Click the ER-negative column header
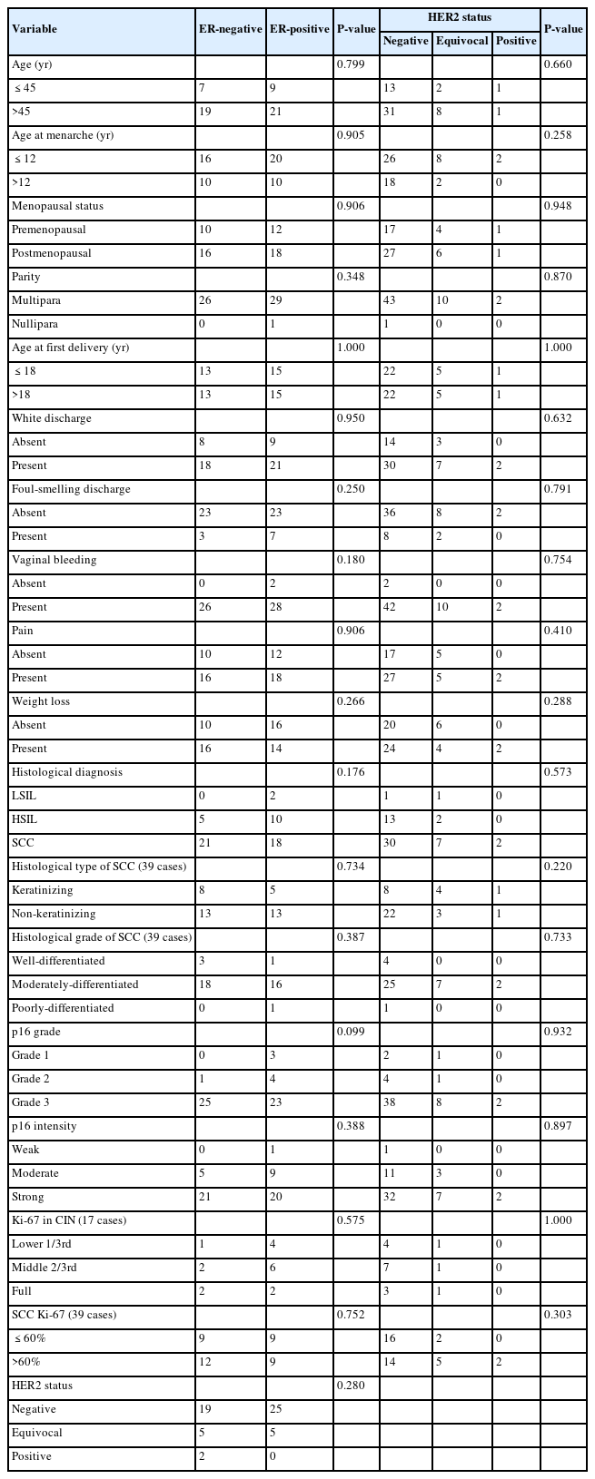coord(229,29)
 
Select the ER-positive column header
coord(298,29)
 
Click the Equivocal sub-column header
coord(461,41)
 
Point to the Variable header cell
coord(35,29)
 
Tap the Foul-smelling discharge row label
coord(71,489)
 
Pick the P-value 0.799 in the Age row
coord(351,64)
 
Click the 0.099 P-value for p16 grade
coord(351,1032)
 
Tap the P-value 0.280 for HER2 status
coord(351,1386)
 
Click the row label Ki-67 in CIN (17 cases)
coord(69,1220)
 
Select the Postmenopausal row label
coord(51,253)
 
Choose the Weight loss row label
coord(41,701)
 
